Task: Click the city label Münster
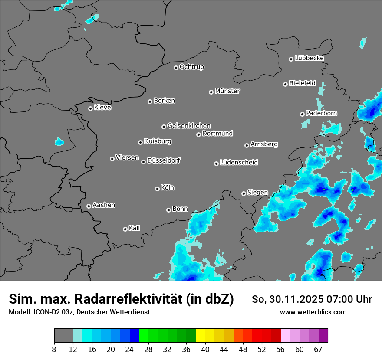[x=227, y=91]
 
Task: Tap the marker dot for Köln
[x=157, y=189]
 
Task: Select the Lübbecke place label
[x=309, y=58]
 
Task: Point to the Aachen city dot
[x=89, y=206]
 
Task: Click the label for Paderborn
[x=321, y=113]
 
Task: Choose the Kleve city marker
[x=90, y=108]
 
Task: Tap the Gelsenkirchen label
[x=189, y=126]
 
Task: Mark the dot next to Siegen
[x=244, y=193]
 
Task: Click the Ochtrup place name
[x=191, y=67]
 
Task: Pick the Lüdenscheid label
[x=239, y=163]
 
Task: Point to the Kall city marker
[x=125, y=229]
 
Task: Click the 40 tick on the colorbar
[x=205, y=349]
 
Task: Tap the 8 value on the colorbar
[x=54, y=349]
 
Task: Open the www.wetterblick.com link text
[x=313, y=312]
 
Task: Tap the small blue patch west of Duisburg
[x=59, y=141]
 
